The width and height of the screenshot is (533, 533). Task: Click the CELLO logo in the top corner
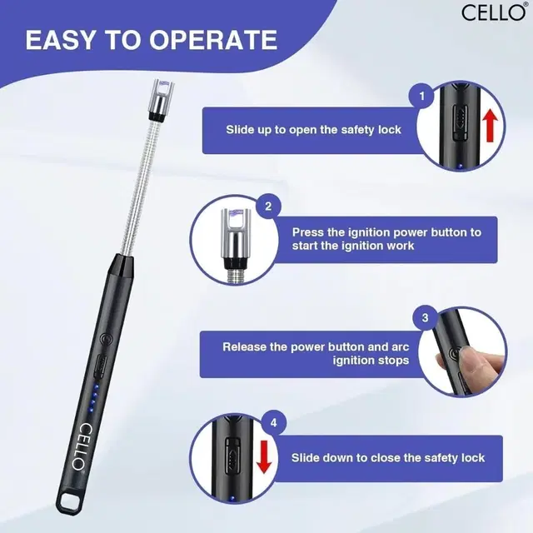click(494, 12)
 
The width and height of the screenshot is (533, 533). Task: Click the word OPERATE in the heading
click(213, 40)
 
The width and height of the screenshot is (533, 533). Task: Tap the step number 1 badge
click(422, 97)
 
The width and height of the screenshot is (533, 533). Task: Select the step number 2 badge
click(268, 207)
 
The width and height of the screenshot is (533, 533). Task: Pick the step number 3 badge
click(426, 318)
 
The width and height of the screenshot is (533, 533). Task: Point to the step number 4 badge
click(274, 423)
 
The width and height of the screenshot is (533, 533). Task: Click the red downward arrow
click(264, 456)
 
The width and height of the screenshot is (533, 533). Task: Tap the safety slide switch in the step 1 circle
click(460, 122)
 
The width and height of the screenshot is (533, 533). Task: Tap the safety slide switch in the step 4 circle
click(232, 456)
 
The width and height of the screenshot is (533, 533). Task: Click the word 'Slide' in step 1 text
click(239, 130)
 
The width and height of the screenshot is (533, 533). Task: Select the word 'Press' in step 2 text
click(307, 232)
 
